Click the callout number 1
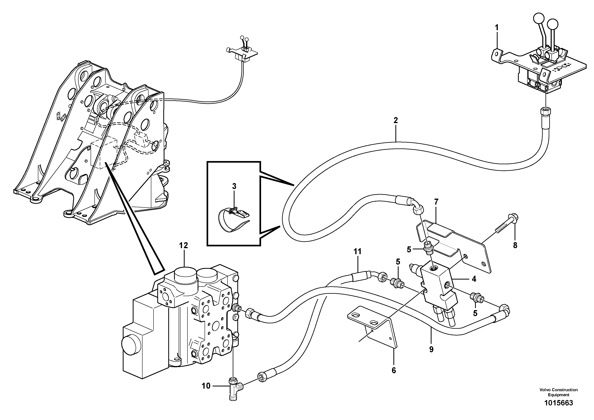(496, 27)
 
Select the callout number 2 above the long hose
(396, 120)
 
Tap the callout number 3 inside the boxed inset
(234, 186)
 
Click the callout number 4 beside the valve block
(474, 279)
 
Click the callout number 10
(206, 393)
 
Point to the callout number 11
(357, 251)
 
